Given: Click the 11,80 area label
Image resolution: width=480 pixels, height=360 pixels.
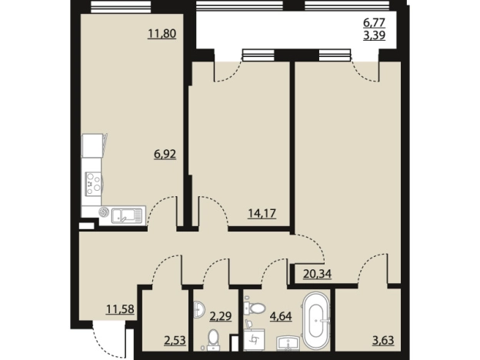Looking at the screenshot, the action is [162, 33].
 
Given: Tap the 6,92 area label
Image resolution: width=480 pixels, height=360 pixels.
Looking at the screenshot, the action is [165, 154].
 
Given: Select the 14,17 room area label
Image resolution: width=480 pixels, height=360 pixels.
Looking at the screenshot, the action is [262, 213].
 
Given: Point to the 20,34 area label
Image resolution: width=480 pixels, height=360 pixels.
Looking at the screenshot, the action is [318, 273].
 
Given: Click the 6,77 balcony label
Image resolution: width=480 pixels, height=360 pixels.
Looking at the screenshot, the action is [374, 22].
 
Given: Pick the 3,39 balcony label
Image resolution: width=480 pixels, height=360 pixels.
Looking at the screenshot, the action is [374, 35].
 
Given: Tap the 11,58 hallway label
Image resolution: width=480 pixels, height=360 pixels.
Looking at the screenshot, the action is [120, 309].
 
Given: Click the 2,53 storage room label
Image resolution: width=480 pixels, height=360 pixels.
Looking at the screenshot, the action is [175, 340].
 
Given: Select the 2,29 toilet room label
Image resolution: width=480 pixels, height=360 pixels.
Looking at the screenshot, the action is [221, 315].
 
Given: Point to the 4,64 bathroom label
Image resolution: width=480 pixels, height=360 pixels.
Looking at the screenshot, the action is [281, 315].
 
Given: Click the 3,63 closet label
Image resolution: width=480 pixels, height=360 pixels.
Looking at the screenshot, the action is [383, 340].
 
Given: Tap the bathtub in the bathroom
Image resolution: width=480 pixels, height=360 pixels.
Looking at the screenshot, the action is [316, 321].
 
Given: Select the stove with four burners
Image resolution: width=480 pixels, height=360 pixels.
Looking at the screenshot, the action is [93, 183].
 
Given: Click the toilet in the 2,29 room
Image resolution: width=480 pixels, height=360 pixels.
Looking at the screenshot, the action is [212, 340].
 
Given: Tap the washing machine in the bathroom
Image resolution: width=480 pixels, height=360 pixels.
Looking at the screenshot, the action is [254, 339].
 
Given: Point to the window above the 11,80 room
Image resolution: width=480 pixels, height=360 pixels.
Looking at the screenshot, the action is [121, 7].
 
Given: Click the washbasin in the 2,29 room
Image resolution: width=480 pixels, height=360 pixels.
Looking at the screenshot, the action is [198, 309].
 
